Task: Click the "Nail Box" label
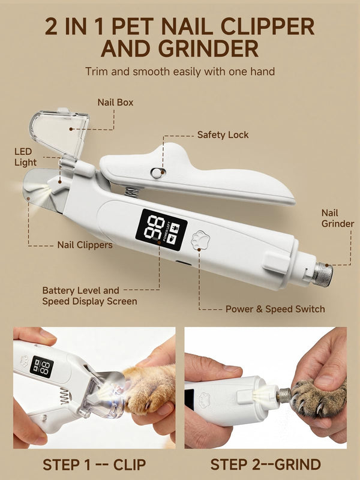coord(115,102)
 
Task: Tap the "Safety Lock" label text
coord(223,134)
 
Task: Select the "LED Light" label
coord(25,157)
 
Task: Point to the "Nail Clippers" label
coord(85,245)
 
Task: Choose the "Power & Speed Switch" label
coord(275,309)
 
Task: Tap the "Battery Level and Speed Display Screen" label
coord(89,296)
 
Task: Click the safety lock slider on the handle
coord(158,173)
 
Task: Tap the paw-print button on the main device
coord(200,239)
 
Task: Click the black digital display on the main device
coord(161,230)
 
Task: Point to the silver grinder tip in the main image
coord(322,274)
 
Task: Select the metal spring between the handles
coord(133,192)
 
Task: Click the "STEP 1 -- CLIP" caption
coord(94,464)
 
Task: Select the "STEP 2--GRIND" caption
coord(266,464)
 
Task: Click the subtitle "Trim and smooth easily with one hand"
coord(180,71)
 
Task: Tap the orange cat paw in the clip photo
coord(150,388)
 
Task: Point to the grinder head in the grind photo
coord(284,395)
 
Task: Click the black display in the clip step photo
coord(41,367)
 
